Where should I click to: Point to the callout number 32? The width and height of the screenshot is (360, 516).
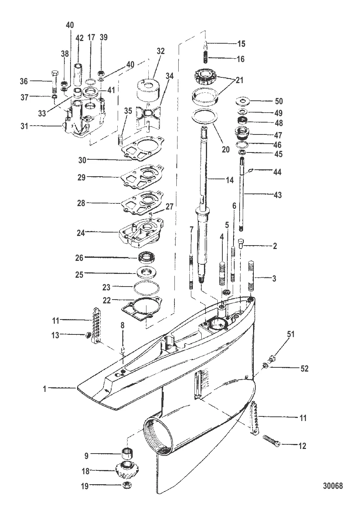pos(160,51)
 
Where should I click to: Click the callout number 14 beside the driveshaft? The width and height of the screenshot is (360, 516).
pos(229,180)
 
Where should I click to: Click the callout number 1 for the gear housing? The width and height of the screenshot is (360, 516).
pos(44,388)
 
